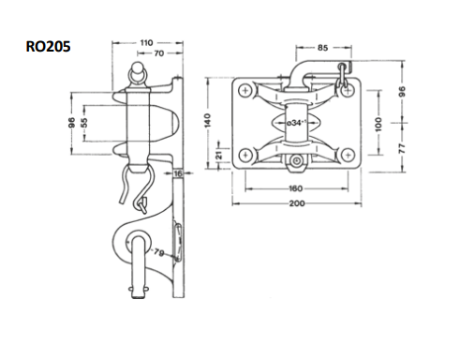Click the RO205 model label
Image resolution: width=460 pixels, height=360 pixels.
tap(48, 47)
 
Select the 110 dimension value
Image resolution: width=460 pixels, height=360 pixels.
tap(146, 43)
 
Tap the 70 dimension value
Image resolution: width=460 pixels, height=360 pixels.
tap(159, 53)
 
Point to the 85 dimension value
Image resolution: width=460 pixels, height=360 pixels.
tap(323, 48)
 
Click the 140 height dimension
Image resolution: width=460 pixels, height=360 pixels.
tap(207, 120)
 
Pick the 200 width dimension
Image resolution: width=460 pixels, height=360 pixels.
tap(297, 203)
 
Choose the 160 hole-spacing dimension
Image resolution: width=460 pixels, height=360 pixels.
tap(295, 188)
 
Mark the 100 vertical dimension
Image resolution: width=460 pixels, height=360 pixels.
tap(378, 124)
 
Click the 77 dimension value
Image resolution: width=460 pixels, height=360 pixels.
tap(402, 148)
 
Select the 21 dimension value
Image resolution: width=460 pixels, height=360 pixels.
tap(219, 155)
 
